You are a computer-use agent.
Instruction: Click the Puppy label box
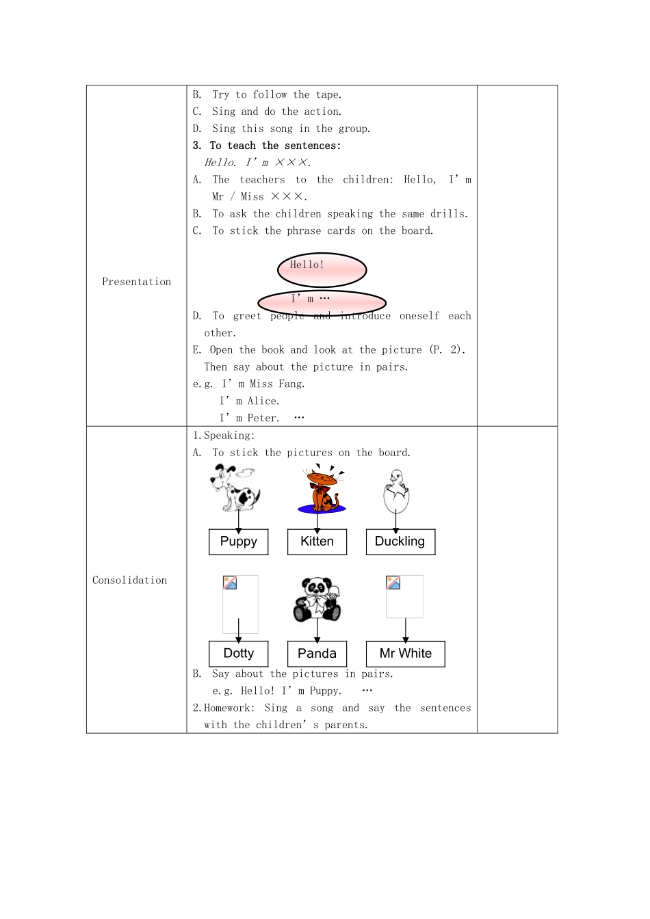238,542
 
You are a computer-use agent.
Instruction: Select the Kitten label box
317,542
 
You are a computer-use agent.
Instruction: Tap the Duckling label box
400,542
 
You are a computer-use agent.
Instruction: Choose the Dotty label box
238,654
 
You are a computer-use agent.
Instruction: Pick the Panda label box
317,654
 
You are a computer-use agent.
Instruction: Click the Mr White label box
405,654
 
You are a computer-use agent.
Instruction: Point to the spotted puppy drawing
235,487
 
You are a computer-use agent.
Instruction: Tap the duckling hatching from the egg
395,490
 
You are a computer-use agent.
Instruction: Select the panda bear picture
317,599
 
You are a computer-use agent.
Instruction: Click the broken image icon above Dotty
230,583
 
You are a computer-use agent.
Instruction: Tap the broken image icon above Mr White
393,583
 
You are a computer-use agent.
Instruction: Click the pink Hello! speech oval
322,269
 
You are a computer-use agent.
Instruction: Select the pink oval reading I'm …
322,302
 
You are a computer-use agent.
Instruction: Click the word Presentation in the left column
136,282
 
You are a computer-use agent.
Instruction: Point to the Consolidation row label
129,581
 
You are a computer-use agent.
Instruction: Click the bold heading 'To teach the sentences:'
275,146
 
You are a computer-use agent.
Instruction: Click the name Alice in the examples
263,401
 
